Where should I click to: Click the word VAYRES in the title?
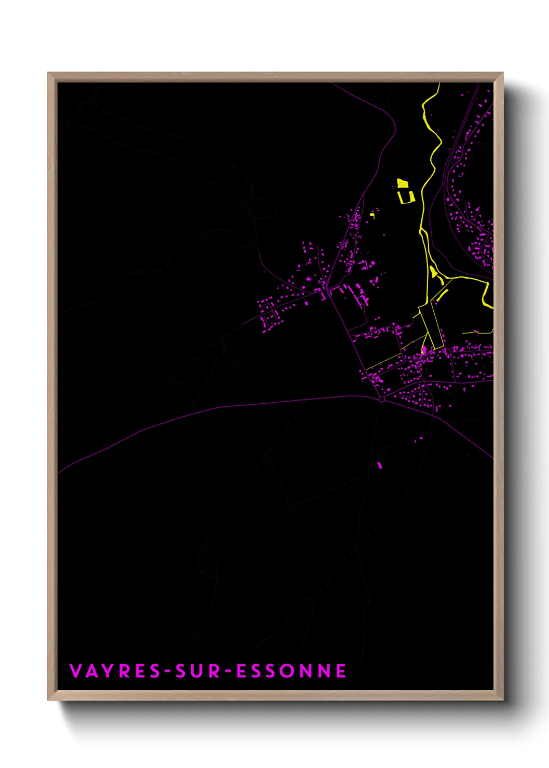click(115, 671)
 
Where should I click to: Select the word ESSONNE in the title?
click(291, 671)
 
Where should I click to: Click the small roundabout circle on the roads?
click(382, 399)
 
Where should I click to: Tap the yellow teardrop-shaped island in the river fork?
click(433, 271)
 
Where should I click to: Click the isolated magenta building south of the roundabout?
click(379, 465)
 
